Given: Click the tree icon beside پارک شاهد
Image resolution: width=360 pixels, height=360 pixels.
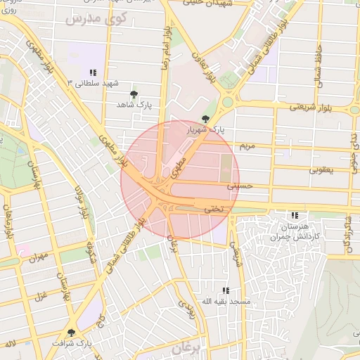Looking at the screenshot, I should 134,94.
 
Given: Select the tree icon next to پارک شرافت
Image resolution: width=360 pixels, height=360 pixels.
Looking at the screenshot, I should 70,333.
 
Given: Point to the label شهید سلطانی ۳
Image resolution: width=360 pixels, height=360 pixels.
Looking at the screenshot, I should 80,83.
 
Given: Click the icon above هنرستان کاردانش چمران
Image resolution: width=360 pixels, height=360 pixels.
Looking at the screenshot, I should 294,215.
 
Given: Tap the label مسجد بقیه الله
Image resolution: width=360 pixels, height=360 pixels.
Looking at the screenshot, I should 226,301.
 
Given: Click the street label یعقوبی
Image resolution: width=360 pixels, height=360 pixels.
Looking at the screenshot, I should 326,170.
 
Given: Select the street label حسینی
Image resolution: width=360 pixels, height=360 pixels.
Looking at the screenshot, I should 238,187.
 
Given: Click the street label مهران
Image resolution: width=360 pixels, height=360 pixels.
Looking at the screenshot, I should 38,257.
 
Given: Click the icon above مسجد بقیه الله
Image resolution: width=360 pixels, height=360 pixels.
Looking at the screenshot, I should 226,290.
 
